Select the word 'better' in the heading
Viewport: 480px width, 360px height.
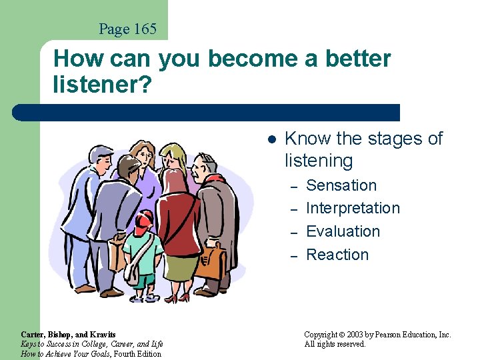tap(358, 59)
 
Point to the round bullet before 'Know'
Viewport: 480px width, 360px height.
tap(271, 139)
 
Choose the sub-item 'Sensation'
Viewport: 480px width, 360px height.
tap(341, 185)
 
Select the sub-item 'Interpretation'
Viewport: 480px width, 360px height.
tap(353, 209)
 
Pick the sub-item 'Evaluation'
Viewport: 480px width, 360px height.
tap(343, 231)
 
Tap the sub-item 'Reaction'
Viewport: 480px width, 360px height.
tap(337, 255)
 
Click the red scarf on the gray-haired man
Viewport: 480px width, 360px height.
tap(215, 179)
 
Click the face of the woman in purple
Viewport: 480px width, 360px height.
tap(141, 158)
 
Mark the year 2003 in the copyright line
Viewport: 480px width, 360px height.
tap(360, 335)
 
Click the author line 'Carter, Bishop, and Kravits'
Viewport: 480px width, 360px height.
tap(68, 335)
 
